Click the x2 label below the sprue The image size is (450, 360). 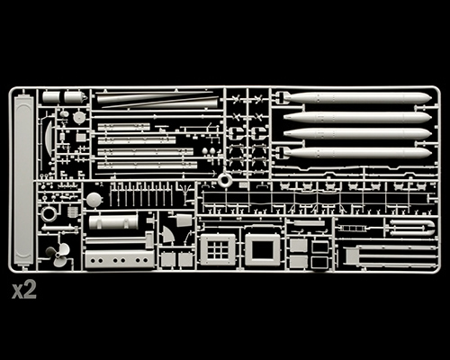pyautogui.click(x=24, y=290)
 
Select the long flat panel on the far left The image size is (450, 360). pyautogui.click(x=23, y=178)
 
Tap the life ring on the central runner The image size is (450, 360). pyautogui.click(x=224, y=180)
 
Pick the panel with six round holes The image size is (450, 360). pyautogui.click(x=120, y=260)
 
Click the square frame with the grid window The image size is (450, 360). pyautogui.click(x=218, y=250)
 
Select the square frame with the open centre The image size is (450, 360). pyautogui.click(x=263, y=250)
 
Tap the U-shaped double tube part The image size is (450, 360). pyautogui.click(x=412, y=228)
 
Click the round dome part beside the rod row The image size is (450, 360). pyautogui.click(x=94, y=200)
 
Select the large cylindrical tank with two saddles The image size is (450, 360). pyautogui.click(x=113, y=221)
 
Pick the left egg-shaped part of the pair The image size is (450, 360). pyautogui.click(x=205, y=151)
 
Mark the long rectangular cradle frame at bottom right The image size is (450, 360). pyautogui.click(x=390, y=256)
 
